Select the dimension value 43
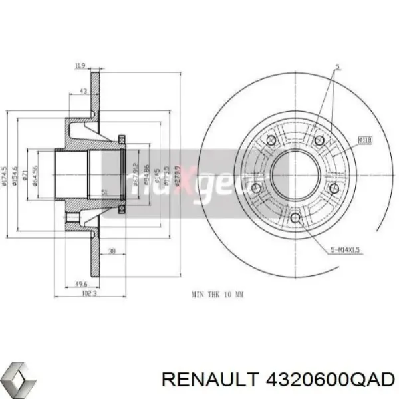click(82, 91)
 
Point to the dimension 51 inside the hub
click(103, 192)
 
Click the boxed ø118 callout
click(365, 140)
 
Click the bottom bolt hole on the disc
click(295, 218)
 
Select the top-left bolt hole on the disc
click(271, 140)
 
